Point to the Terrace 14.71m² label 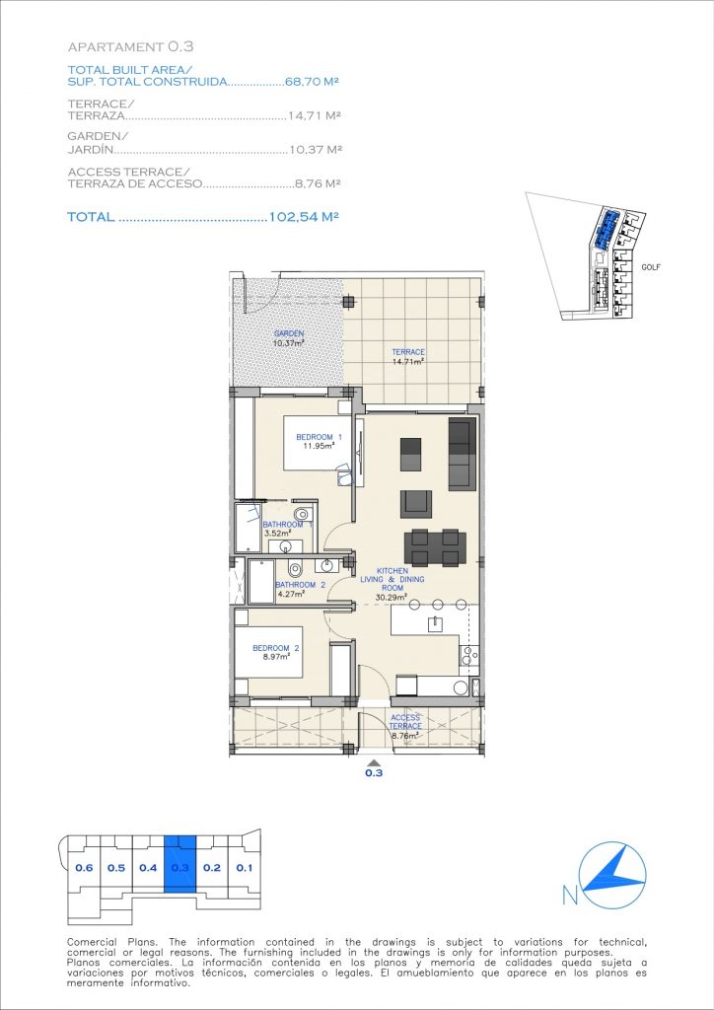(408, 357)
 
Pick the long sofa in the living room (462, 454)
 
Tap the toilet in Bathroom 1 (302, 514)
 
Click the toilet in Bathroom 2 (296, 569)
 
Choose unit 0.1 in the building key (244, 868)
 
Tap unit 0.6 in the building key (84, 868)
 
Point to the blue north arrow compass (611, 875)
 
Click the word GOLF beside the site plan (651, 267)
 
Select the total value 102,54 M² (304, 217)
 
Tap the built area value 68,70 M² (312, 83)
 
